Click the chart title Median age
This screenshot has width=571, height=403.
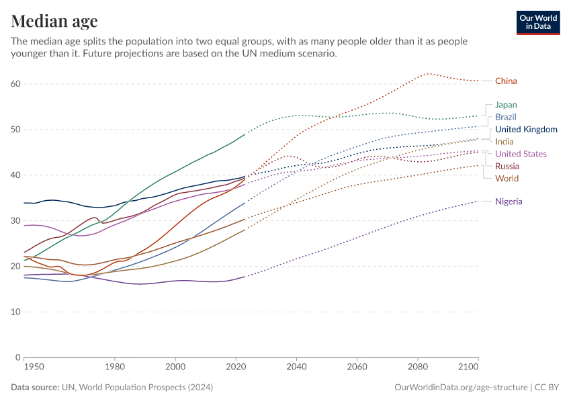(54, 21)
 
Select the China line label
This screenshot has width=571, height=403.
(506, 81)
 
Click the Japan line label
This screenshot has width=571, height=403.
(506, 105)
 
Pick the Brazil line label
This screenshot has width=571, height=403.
(506, 117)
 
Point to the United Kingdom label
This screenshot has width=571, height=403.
(526, 130)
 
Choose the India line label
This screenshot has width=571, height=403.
(504, 142)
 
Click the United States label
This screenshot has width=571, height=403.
(521, 154)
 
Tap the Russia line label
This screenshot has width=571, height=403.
(507, 166)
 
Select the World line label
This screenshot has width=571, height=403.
(507, 179)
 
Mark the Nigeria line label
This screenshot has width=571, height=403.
(509, 201)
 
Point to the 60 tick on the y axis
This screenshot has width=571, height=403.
(15, 84)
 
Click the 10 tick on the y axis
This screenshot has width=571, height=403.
(15, 312)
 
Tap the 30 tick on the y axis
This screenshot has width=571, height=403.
(15, 221)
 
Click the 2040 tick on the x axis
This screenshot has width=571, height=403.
(296, 367)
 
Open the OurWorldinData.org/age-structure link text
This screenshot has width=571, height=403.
(460, 388)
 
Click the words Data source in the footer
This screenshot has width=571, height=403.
(34, 388)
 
